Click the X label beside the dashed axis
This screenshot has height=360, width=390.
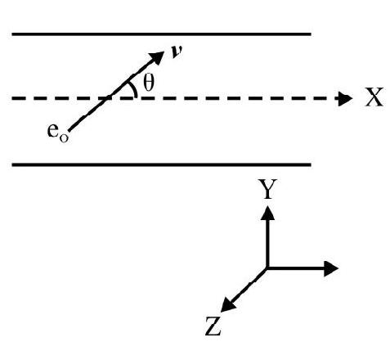point(374,97)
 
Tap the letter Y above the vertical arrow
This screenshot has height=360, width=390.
point(267,189)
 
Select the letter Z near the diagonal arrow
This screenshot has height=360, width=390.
point(213,326)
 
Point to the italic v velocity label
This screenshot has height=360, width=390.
point(177,52)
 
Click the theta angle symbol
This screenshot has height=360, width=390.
point(149,83)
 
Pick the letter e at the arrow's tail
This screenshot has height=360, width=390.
point(53,131)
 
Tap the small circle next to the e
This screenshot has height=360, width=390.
point(64,138)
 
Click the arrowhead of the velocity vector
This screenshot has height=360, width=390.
point(156,56)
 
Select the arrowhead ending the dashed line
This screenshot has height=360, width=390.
point(345,98)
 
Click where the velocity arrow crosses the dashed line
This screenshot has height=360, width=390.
point(109,97)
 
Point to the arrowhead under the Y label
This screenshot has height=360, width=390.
point(267,213)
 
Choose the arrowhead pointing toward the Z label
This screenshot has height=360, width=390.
point(227,305)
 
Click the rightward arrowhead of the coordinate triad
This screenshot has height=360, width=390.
point(331,268)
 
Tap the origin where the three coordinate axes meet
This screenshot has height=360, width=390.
point(267,268)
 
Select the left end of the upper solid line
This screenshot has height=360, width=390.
point(12,34)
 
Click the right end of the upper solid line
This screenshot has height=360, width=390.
point(311,34)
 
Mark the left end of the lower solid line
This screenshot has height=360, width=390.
point(12,164)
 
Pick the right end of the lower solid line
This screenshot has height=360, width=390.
point(311,164)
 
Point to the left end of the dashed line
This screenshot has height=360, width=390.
point(12,98)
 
